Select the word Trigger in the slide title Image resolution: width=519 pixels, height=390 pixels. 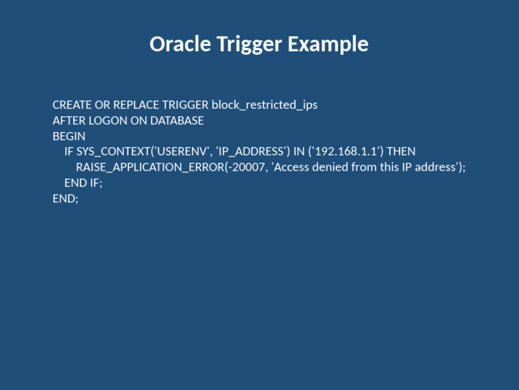[x=249, y=45]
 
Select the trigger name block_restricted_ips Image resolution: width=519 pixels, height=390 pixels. [x=264, y=105]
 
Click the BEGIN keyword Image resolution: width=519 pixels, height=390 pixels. [x=69, y=136]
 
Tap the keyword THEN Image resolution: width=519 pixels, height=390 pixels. [x=401, y=152]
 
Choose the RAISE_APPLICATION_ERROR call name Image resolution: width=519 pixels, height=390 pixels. [x=149, y=167]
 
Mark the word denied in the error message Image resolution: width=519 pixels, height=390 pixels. [x=330, y=167]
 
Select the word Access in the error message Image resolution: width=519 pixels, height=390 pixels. [x=291, y=167]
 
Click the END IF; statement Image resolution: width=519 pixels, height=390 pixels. [x=83, y=183]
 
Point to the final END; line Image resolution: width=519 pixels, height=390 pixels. [x=66, y=198]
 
